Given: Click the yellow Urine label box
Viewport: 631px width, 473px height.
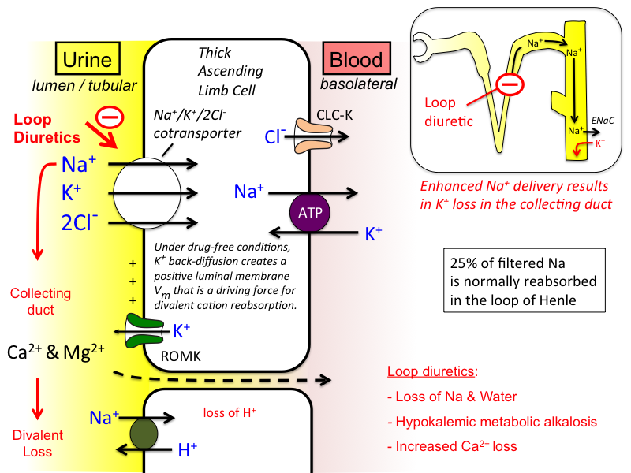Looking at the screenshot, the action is (x=88, y=58).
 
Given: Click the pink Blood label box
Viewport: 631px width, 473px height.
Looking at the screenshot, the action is (x=357, y=58).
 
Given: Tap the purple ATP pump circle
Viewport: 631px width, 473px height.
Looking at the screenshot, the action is (x=310, y=212).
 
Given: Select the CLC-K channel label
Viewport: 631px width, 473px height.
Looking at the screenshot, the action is (x=334, y=115).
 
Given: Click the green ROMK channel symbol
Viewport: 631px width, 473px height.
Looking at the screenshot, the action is (x=144, y=330).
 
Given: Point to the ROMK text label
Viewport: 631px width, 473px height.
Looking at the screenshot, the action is (x=181, y=356).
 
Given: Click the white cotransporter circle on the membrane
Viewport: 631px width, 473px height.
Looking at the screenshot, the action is (x=147, y=193).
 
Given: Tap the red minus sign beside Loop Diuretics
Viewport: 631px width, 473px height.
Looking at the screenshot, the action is (x=110, y=117).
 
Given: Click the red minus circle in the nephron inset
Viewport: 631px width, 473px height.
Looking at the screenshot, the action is (x=510, y=84).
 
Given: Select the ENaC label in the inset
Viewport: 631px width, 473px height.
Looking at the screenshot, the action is (x=603, y=121).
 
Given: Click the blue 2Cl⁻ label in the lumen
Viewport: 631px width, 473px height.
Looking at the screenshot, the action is (x=80, y=222).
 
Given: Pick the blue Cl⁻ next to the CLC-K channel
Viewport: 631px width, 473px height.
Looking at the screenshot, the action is (x=274, y=136).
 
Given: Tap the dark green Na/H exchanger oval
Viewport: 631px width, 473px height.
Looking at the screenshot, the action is (x=144, y=434).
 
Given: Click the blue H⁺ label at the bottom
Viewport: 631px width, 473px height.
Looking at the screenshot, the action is (x=188, y=449).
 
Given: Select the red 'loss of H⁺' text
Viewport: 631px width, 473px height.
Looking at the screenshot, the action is (x=230, y=412).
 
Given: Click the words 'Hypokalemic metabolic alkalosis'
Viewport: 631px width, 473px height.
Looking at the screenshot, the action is (x=496, y=422).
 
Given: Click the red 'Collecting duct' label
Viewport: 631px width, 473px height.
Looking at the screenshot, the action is (x=41, y=302).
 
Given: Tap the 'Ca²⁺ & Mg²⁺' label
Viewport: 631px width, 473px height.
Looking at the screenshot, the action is (x=56, y=352).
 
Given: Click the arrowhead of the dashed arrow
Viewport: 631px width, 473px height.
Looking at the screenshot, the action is (x=326, y=379).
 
